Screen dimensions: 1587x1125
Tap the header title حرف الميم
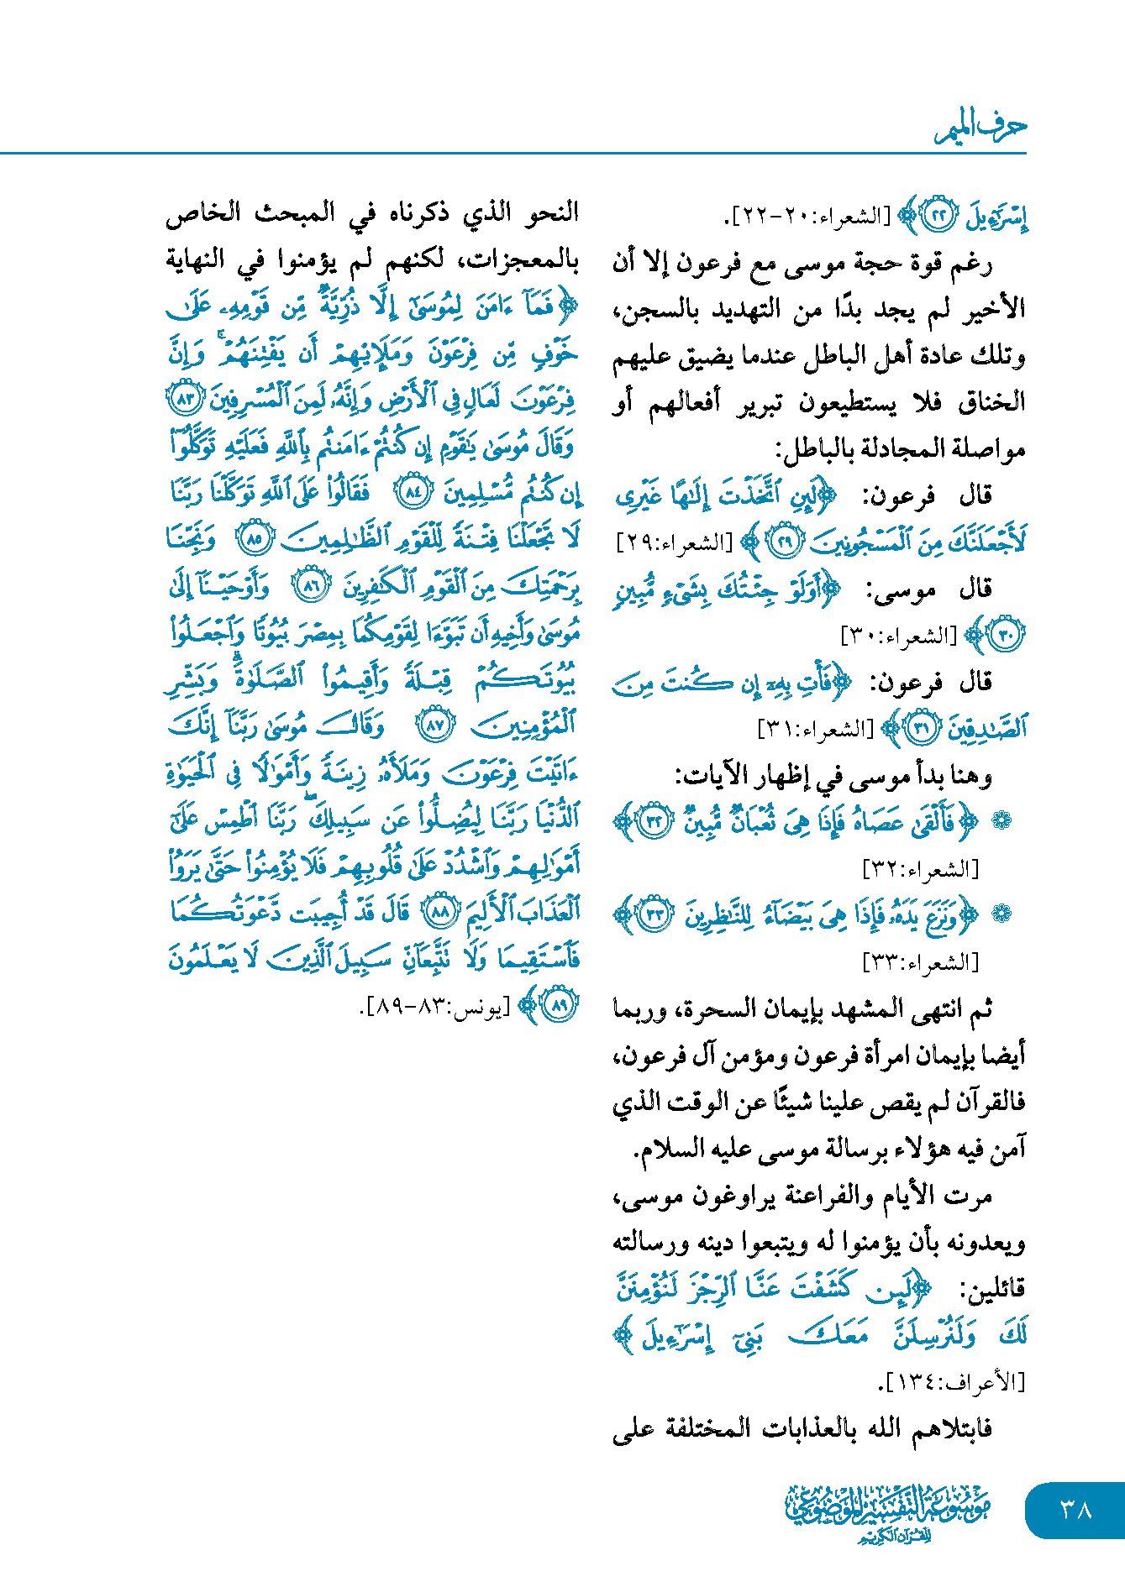[x=980, y=128]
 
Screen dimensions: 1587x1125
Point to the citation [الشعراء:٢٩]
[x=673, y=542]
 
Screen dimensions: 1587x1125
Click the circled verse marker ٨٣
[x=185, y=398]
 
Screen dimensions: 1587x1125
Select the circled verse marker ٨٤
[x=414, y=491]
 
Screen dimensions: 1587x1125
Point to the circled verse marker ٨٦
[x=312, y=586]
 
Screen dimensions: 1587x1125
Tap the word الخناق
[x=991, y=402]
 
